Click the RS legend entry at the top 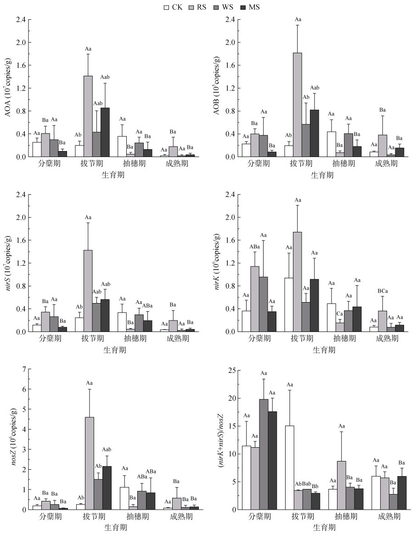[196, 7]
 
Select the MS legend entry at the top [250, 7]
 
